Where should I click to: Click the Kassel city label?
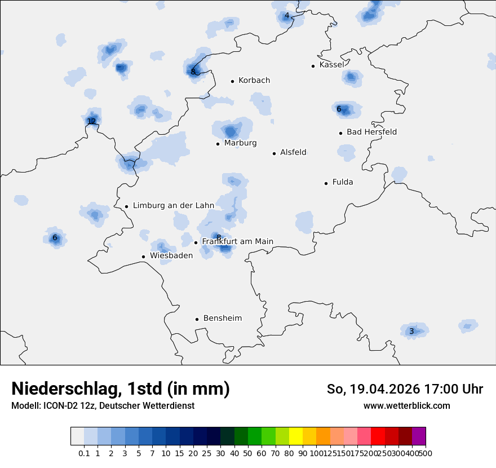pyautogui.click(x=331, y=65)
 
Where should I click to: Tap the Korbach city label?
pyautogui.click(x=254, y=81)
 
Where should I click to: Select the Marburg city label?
pyautogui.click(x=240, y=143)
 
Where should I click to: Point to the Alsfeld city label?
pyautogui.click(x=293, y=153)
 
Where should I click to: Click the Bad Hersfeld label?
pyautogui.click(x=371, y=133)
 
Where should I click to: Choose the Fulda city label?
pyautogui.click(x=343, y=183)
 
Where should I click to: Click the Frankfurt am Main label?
pyautogui.click(x=237, y=242)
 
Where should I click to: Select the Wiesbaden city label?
pyautogui.click(x=171, y=256)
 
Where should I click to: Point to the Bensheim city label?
pyautogui.click(x=223, y=319)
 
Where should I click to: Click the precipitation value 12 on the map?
pyautogui.click(x=91, y=121)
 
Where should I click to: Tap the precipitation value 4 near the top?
pyautogui.click(x=287, y=16)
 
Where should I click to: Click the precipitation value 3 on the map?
pyautogui.click(x=411, y=331)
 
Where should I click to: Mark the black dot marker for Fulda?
pyautogui.click(x=326, y=183)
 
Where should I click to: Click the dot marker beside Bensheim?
pyautogui.click(x=197, y=319)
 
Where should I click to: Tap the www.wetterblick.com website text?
pyautogui.click(x=406, y=405)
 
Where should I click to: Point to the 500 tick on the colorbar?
pyautogui.click(x=426, y=453)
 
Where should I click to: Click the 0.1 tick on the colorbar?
pyautogui.click(x=84, y=453)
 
